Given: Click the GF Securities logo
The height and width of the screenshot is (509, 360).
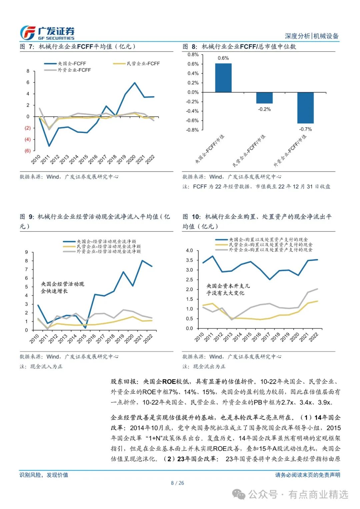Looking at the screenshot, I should (47, 33).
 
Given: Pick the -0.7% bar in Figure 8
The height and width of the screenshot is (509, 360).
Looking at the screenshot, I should (305, 108).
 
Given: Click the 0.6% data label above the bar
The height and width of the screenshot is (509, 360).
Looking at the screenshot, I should (223, 58).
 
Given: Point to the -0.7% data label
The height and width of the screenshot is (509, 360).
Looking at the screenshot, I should (305, 129).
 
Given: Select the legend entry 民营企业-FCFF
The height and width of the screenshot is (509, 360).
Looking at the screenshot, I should (136, 63).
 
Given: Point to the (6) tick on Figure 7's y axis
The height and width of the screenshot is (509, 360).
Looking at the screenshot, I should (27, 151).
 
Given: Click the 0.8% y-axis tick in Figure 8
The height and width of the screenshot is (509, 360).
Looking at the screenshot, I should (193, 54).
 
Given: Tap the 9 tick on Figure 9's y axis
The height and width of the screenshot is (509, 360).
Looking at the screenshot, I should (27, 252).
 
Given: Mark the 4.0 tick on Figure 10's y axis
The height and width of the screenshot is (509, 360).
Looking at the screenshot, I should (189, 250).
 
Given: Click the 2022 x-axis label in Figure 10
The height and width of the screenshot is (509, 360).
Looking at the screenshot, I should (314, 337).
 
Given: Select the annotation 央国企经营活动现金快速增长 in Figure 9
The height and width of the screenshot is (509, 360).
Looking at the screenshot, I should (63, 287).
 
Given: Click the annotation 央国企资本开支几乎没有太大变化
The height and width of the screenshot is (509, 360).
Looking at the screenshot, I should (228, 289).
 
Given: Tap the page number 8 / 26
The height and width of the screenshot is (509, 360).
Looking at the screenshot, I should (177, 483).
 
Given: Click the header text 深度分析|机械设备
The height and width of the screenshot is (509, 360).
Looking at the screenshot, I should (312, 36).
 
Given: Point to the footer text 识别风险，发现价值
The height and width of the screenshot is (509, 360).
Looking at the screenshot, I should (44, 475).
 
